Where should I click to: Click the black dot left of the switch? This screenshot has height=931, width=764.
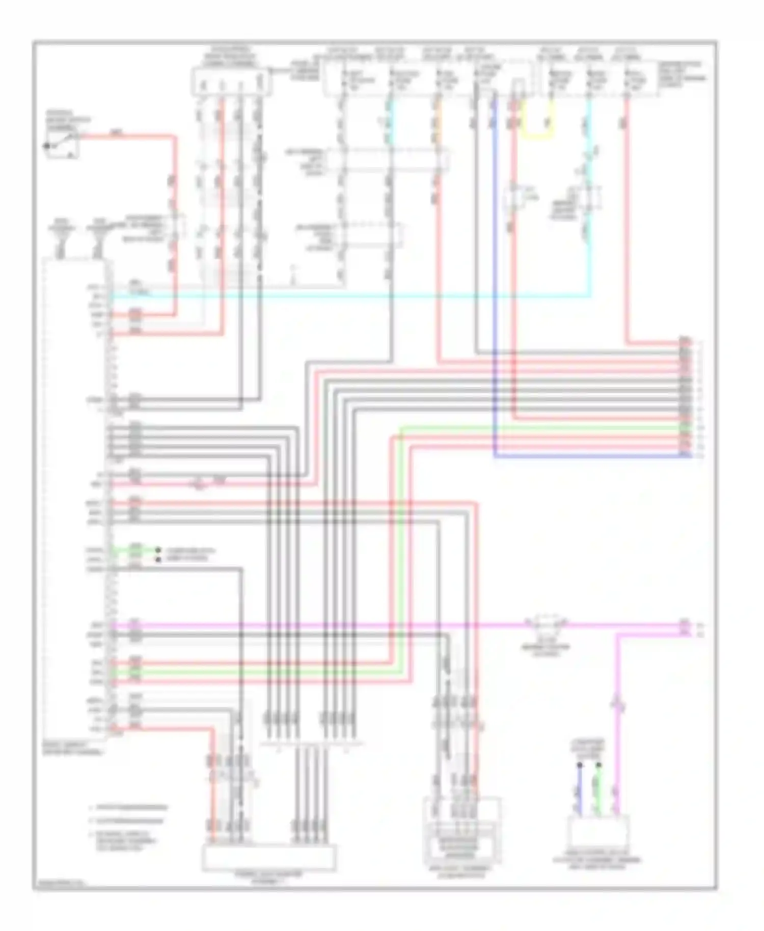(47, 146)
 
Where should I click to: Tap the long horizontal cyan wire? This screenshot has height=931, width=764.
(357, 295)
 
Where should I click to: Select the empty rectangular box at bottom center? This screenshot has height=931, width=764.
(269, 858)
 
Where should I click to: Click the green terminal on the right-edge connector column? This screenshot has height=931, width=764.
(686, 428)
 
